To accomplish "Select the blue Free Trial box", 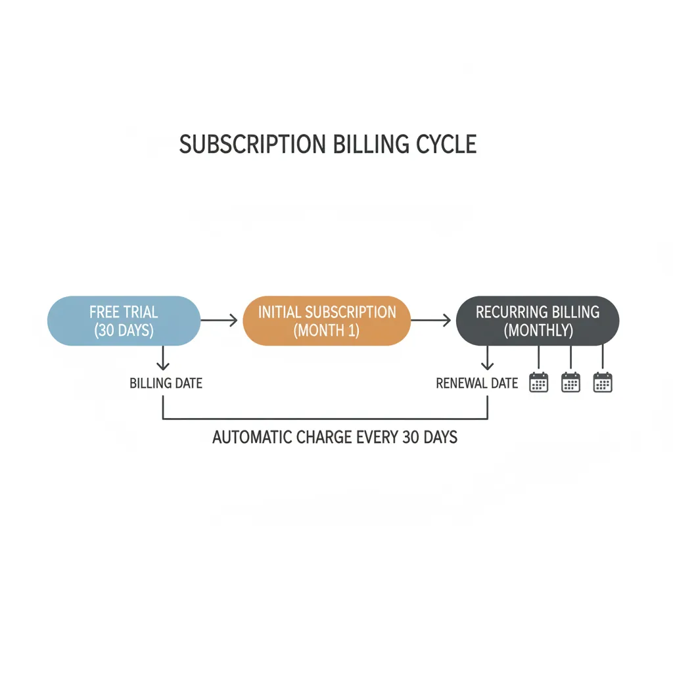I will pos(124,320).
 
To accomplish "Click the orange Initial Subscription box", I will pos(327,320).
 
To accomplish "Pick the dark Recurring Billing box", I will pos(538,320).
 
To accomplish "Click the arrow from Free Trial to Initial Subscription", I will pos(219,320).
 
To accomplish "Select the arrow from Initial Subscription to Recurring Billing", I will pos(431,320).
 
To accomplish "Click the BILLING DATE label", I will pos(166,383).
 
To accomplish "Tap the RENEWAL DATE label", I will pos(477,383).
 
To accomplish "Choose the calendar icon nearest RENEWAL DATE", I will pos(539,382).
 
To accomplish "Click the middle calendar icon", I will pos(570,382).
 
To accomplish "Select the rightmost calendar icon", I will pos(603,382).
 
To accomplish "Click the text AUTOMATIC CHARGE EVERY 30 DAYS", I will pos(335,437).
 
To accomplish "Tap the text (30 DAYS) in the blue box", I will pos(124,330).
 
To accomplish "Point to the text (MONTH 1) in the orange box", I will pos(327,330).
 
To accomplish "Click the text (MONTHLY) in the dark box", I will pos(538,330).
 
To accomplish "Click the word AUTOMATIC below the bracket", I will pos(253,437).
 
